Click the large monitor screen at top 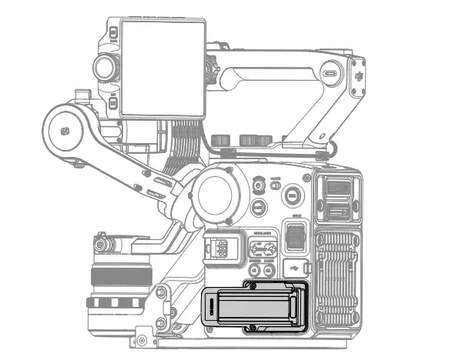[163, 68]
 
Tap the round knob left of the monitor [105, 67]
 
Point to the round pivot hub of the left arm [66, 130]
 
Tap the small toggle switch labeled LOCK [275, 185]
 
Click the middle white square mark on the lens [115, 302]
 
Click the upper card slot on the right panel [336, 187]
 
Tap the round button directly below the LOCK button [259, 206]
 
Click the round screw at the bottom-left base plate [141, 338]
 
